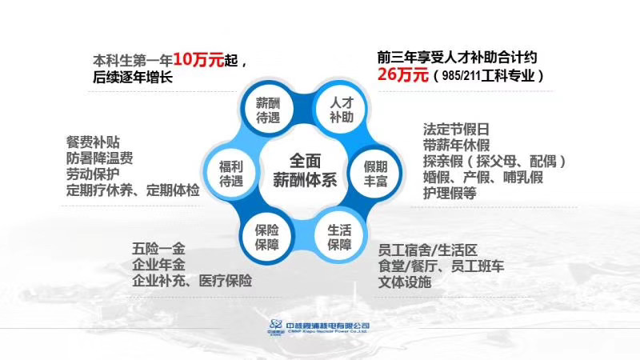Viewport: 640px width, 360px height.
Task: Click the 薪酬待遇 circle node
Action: [x=268, y=110]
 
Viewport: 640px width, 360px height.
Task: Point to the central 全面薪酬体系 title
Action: [x=303, y=169]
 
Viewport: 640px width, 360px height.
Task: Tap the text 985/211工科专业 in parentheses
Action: [x=488, y=77]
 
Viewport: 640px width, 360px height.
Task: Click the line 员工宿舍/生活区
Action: [x=433, y=250]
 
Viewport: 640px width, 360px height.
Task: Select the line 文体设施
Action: [x=404, y=282]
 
